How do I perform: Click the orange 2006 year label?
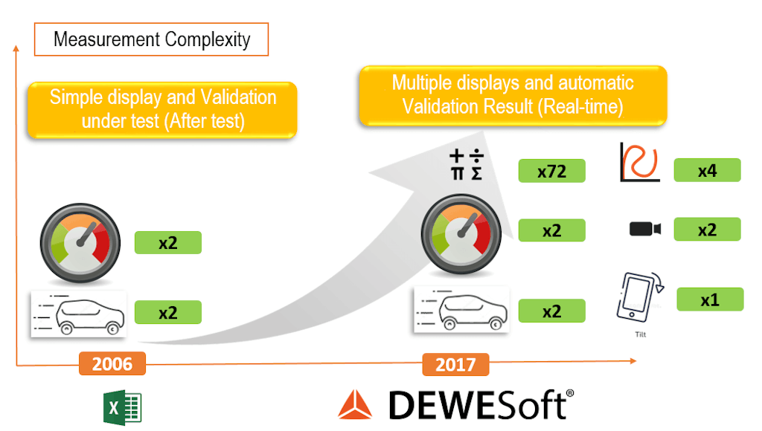point(112,364)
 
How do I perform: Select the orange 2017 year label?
point(455,365)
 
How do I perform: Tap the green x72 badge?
point(551,172)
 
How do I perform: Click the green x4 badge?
point(707,170)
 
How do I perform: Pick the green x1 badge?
point(710,299)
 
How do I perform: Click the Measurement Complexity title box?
point(151,39)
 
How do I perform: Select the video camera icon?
point(645,229)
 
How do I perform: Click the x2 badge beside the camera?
point(707,230)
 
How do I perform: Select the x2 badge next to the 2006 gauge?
point(167,242)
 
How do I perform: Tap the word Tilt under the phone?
point(641,334)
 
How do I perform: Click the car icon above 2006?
point(78,315)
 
